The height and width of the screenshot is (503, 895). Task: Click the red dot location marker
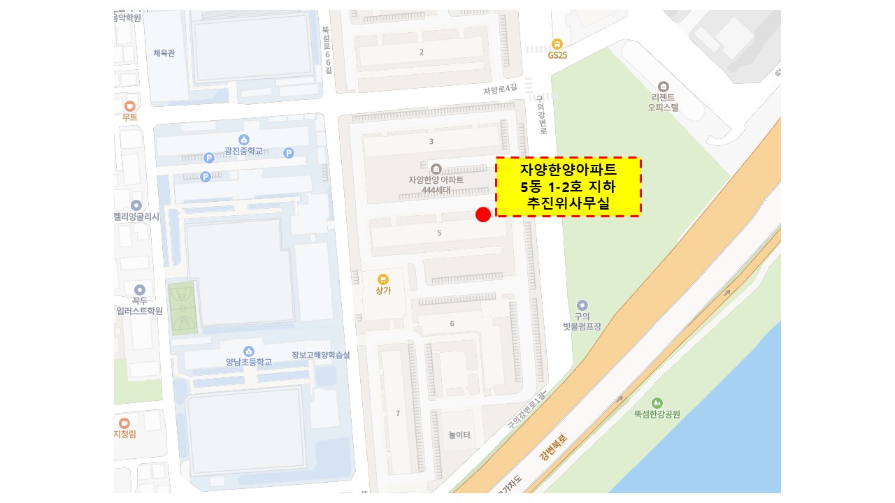(482, 214)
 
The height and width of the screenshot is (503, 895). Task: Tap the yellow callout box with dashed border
(568, 187)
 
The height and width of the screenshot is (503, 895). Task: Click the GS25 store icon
(557, 43)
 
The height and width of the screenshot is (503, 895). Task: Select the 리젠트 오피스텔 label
(663, 103)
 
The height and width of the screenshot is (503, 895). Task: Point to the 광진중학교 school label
(243, 152)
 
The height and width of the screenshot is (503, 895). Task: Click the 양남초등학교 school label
(248, 362)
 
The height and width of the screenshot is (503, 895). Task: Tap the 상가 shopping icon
(382, 279)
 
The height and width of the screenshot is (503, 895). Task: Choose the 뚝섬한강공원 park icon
(657, 403)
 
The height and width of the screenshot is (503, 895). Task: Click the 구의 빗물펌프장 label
(582, 321)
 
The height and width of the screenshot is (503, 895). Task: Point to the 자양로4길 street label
(500, 89)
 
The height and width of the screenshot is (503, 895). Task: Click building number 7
(398, 414)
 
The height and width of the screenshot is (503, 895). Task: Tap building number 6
(452, 323)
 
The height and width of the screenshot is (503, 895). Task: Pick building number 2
(421, 52)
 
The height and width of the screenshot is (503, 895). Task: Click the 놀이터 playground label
(459, 435)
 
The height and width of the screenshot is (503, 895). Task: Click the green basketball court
(182, 308)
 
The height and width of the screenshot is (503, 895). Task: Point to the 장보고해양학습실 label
(321, 355)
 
